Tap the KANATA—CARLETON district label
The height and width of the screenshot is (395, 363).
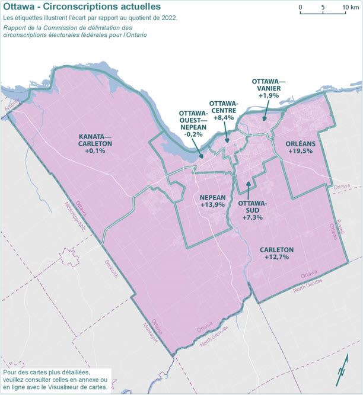pos(95,143)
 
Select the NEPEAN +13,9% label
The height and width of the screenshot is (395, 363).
pos(212,200)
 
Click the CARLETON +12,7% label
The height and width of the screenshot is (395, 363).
pos(277,253)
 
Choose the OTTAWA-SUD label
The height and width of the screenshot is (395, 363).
pos(253,210)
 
